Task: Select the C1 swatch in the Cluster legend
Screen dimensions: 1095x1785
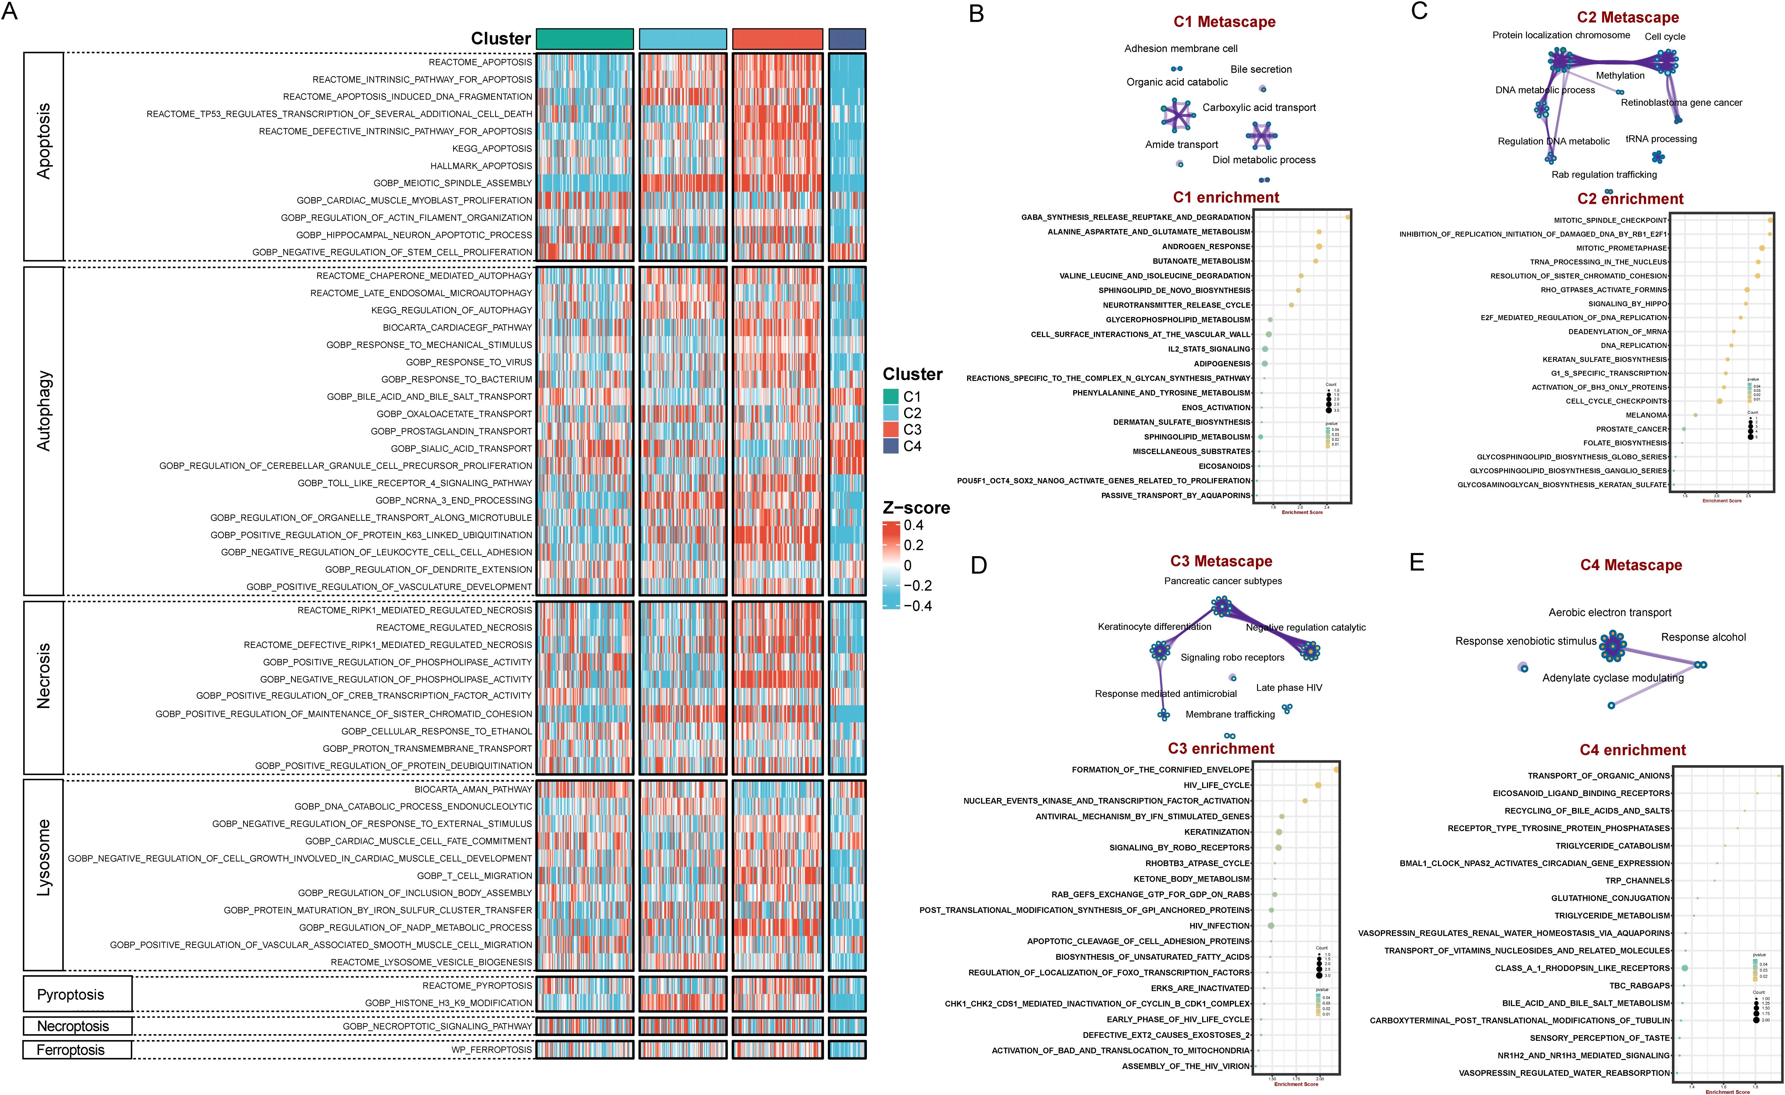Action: tap(890, 397)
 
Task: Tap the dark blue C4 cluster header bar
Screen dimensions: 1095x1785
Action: tap(847, 38)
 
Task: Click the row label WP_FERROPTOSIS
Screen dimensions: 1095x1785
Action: tap(491, 1049)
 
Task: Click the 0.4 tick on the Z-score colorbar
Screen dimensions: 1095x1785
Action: tap(914, 526)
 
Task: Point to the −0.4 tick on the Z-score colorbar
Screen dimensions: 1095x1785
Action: tap(917, 606)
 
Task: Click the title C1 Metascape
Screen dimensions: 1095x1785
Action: tap(1224, 22)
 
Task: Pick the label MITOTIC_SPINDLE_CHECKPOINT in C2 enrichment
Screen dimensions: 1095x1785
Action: tap(1610, 220)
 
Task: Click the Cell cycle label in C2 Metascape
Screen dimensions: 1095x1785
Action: tap(1665, 36)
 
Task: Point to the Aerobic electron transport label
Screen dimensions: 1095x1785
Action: tap(1610, 612)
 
